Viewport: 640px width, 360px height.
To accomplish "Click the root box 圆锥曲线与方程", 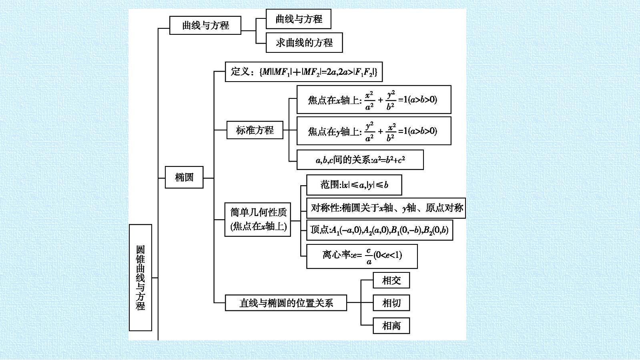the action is (x=140, y=278).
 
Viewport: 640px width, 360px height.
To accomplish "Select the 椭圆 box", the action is (x=184, y=177).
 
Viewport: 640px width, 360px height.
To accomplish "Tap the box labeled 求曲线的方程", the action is (x=304, y=42).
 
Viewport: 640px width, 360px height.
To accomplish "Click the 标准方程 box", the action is (x=255, y=130).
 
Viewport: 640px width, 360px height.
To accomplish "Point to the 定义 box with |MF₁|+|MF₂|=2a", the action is (x=304, y=72).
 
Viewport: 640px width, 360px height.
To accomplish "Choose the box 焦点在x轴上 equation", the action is (x=374, y=100).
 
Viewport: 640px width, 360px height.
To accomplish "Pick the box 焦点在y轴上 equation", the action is (x=374, y=131).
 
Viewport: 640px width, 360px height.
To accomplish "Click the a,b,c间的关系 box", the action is (x=360, y=160).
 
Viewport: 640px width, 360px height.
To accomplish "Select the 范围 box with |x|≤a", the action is (x=354, y=185).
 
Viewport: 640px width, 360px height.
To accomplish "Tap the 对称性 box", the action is (x=386, y=208).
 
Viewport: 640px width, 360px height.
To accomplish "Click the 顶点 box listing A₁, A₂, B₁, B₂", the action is (x=379, y=230).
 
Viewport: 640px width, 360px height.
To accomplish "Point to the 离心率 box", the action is (x=362, y=256).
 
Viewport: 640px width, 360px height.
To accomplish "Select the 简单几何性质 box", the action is (x=258, y=220).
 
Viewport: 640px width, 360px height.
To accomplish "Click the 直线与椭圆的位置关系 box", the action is (x=286, y=303).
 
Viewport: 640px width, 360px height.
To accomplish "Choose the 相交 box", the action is (x=391, y=280).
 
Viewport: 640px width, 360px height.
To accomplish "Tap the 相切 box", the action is (x=391, y=303).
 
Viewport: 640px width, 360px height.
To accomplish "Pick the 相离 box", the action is (x=391, y=326).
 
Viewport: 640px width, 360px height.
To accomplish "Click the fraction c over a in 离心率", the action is (x=369, y=256).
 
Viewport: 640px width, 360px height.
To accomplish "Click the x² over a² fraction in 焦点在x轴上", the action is (x=369, y=100).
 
